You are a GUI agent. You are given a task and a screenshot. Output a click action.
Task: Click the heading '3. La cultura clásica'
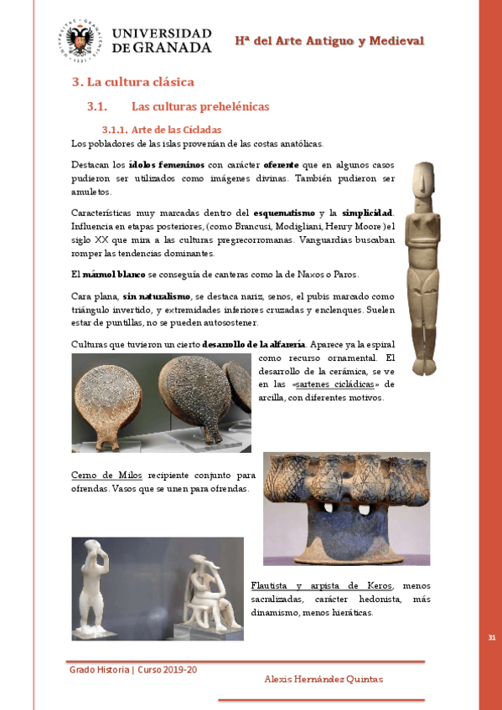tap(132, 82)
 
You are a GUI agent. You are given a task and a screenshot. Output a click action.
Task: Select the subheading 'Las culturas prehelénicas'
tap(200, 107)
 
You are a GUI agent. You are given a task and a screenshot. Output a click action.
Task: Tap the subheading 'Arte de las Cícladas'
tap(176, 130)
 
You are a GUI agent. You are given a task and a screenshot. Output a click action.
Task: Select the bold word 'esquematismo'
tap(285, 213)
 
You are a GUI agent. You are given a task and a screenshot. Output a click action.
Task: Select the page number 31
tap(491, 639)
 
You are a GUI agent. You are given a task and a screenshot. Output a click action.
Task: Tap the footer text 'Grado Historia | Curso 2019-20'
tap(133, 670)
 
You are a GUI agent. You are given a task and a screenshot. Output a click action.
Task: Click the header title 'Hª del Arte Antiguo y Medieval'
tap(329, 41)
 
